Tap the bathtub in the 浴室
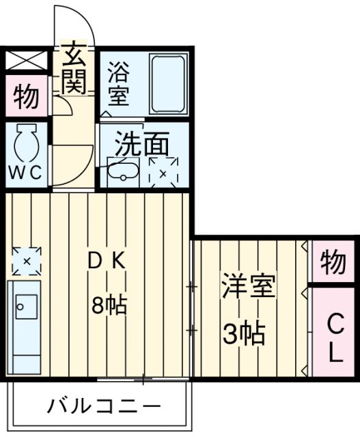(x=168, y=85)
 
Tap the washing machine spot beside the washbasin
(x=163, y=171)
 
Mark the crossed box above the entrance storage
(x=26, y=61)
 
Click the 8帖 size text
(x=109, y=305)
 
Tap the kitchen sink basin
(x=26, y=307)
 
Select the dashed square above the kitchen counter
(x=27, y=261)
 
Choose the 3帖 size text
(x=243, y=334)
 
